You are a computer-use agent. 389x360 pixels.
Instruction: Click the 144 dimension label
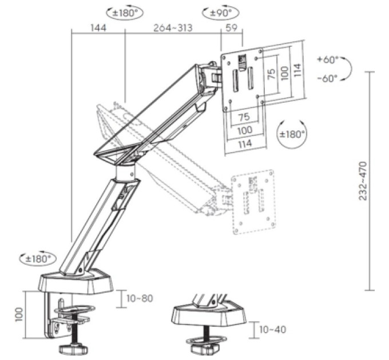tap(98, 28)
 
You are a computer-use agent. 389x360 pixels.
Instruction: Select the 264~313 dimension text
tap(173, 28)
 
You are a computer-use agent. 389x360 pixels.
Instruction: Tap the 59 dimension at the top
tap(231, 28)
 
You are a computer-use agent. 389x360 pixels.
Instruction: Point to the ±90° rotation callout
tap(221, 13)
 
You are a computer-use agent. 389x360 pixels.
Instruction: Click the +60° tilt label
tap(328, 59)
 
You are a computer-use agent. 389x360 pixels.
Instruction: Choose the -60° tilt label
tap(328, 78)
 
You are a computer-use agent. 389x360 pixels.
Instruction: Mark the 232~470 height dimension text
tap(363, 181)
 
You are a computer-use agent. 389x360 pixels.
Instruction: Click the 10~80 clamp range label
tap(140, 298)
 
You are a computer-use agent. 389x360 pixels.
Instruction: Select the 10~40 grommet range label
tap(272, 330)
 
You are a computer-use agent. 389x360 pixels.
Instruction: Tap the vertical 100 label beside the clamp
tap(19, 315)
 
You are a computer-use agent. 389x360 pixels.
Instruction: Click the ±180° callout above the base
tap(38, 259)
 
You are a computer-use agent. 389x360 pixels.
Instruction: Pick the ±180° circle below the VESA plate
tap(292, 134)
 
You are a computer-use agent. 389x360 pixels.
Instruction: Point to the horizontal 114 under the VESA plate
tap(245, 143)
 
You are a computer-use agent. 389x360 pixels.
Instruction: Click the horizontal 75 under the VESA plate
tap(244, 117)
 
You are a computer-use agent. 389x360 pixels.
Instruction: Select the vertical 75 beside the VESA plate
tap(271, 74)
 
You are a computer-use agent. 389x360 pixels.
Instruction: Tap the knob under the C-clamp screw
tap(74, 349)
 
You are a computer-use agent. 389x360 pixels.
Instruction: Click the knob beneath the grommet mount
tap(205, 349)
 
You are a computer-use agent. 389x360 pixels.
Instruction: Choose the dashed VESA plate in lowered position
tap(253, 202)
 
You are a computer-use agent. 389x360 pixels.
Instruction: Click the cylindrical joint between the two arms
tap(125, 171)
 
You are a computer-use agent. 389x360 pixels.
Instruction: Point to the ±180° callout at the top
tap(125, 13)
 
